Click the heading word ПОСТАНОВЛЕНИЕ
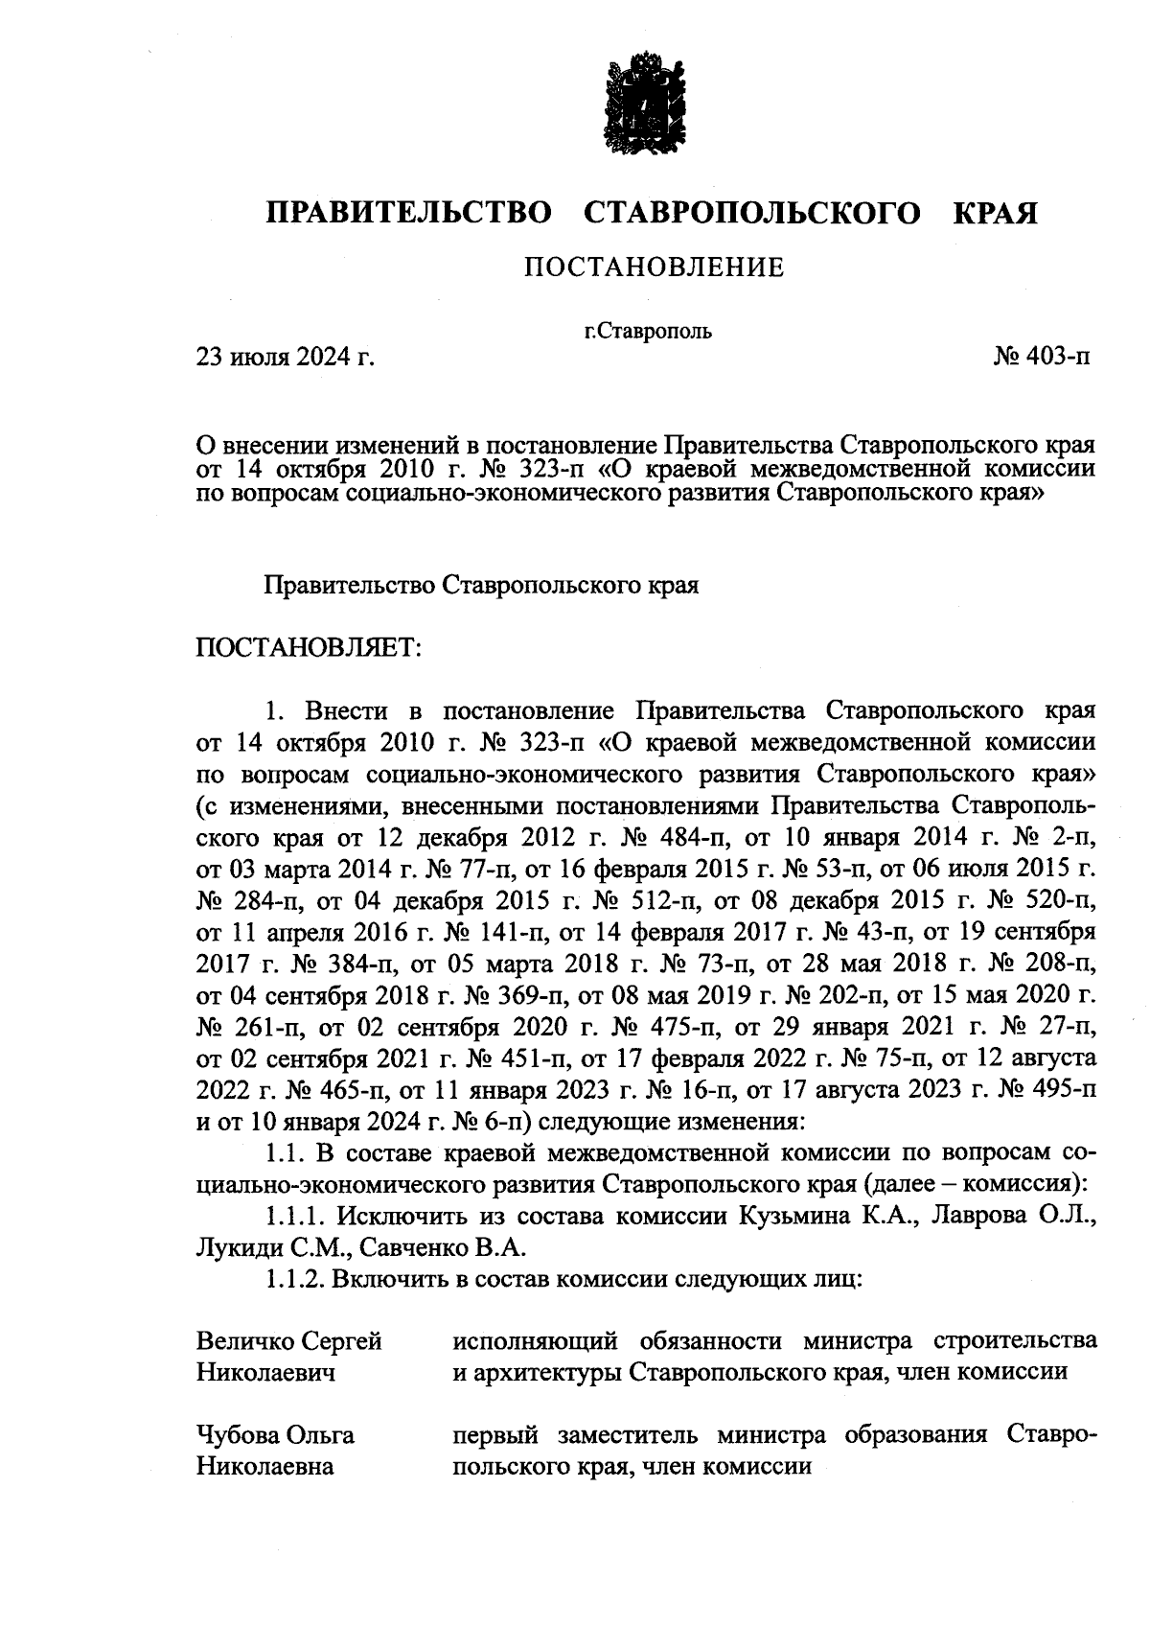point(654,267)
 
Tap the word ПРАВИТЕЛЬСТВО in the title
point(408,212)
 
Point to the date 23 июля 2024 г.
point(284,359)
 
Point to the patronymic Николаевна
point(264,1467)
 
